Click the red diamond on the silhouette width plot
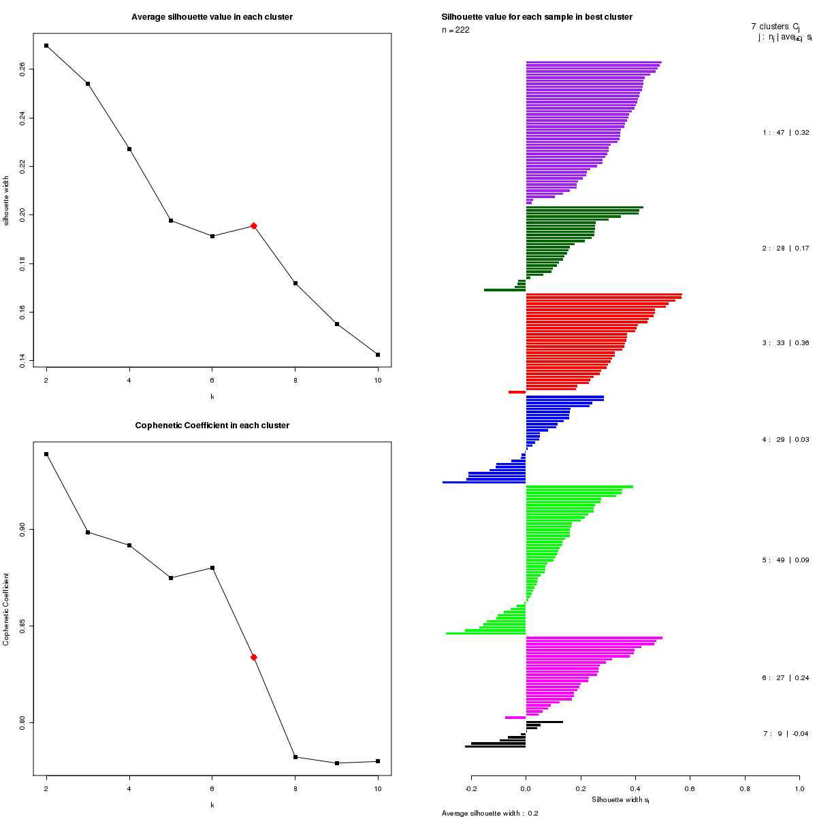click(254, 226)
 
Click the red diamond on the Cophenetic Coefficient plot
click(254, 657)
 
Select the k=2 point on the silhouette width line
click(46, 46)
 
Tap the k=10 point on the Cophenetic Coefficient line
click(378, 761)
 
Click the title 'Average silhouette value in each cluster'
click(212, 17)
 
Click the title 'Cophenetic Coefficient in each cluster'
click(212, 426)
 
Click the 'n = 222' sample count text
click(455, 30)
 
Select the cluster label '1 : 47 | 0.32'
click(786, 133)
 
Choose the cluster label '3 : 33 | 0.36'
click(786, 343)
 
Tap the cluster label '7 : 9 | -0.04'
click(786, 734)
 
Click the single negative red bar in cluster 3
click(517, 392)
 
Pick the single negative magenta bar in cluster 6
click(515, 718)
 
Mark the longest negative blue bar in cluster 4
click(484, 483)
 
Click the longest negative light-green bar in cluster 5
click(486, 634)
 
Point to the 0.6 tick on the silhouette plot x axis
click(690, 789)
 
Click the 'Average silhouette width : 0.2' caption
click(490, 813)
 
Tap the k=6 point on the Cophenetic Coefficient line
click(212, 568)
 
